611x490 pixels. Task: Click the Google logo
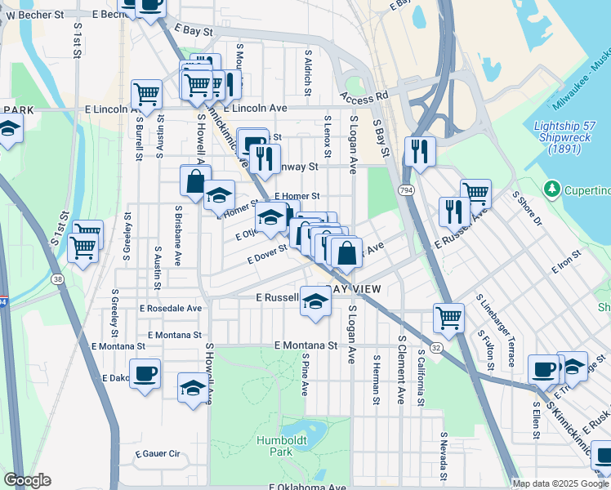(x=27, y=480)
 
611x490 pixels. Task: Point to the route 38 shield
(x=56, y=278)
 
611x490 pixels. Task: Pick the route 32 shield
(x=438, y=347)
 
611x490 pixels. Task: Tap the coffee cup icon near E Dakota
(x=145, y=374)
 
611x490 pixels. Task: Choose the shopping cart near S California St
(x=448, y=317)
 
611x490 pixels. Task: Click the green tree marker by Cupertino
(x=552, y=190)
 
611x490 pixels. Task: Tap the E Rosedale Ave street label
(x=171, y=309)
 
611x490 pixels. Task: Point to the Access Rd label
(x=361, y=99)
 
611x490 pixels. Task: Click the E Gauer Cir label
(x=157, y=453)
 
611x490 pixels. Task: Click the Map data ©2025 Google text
(x=560, y=483)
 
